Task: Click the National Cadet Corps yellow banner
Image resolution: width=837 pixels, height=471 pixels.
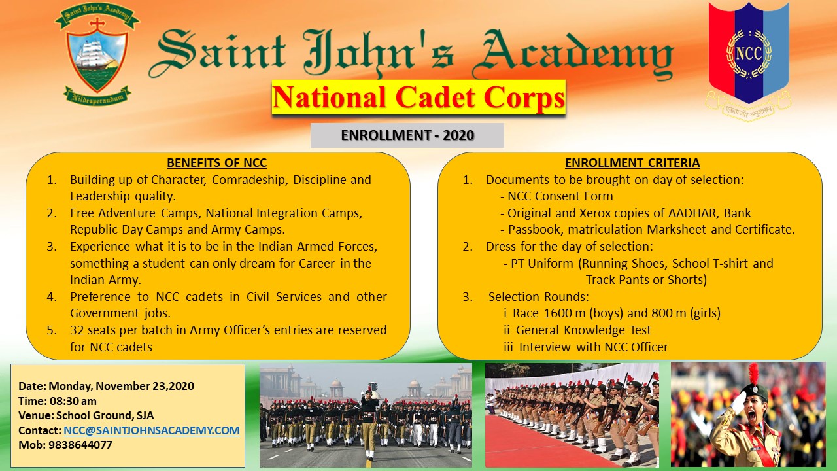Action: (418, 97)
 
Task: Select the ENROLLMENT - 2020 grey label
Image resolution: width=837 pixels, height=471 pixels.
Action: (407, 135)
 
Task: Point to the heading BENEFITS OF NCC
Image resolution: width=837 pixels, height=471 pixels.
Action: (216, 163)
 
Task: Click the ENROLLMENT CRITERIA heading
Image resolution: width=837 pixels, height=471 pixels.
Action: (632, 163)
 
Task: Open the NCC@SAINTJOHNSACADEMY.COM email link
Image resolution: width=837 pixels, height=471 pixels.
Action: (152, 430)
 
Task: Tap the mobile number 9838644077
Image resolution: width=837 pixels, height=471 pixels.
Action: (80, 445)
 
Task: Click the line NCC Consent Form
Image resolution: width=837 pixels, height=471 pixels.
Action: (560, 196)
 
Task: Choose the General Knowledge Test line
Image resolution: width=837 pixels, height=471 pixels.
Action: (583, 330)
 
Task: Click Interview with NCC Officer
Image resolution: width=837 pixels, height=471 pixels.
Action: (593, 347)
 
